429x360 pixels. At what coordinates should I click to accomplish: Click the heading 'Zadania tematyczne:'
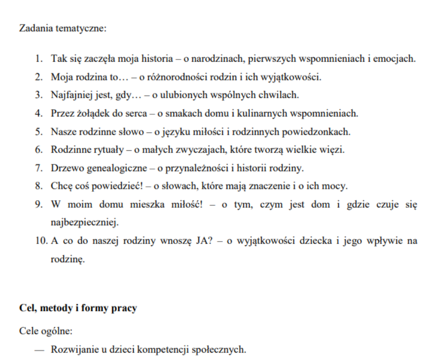pyautogui.click(x=63, y=28)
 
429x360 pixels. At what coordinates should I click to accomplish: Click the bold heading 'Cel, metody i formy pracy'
pyautogui.click(x=78, y=308)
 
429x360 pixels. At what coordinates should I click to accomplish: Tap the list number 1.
pyautogui.click(x=40, y=59)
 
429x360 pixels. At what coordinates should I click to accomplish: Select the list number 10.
pyautogui.click(x=40, y=242)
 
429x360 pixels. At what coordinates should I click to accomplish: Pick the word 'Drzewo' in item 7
pyautogui.click(x=63, y=169)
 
